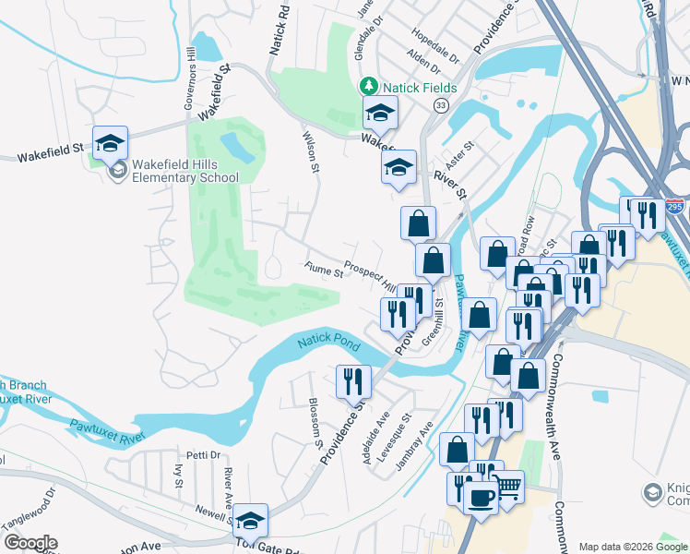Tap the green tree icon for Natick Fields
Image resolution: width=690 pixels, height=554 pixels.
(369, 86)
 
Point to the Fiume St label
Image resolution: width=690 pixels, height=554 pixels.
(324, 270)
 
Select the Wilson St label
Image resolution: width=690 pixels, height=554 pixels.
(311, 151)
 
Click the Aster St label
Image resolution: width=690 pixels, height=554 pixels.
(461, 153)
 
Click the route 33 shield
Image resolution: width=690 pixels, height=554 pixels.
(441, 107)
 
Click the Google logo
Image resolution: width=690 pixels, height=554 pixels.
(30, 543)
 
